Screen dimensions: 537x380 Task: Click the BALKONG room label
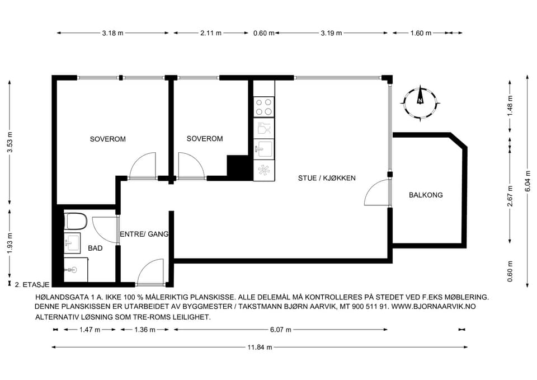[426, 195]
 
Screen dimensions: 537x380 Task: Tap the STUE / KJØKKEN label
[327, 178]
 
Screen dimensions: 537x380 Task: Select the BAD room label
[95, 248]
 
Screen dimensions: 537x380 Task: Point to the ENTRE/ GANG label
[144, 234]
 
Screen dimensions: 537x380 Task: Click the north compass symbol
[420, 103]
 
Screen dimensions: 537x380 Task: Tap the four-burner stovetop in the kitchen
[263, 106]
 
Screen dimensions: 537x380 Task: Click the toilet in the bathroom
[76, 222]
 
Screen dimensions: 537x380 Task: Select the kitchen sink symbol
[263, 148]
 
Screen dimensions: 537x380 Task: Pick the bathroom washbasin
[72, 243]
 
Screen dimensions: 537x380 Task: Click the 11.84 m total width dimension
[260, 347]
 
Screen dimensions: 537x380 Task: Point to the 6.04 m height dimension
[527, 181]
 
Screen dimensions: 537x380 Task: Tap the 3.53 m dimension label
[10, 142]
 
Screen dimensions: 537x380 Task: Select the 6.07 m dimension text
[280, 330]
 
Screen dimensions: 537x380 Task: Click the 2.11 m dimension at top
[211, 33]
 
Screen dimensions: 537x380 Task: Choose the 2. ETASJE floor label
[32, 284]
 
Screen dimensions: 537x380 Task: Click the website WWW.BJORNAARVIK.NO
[433, 306]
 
